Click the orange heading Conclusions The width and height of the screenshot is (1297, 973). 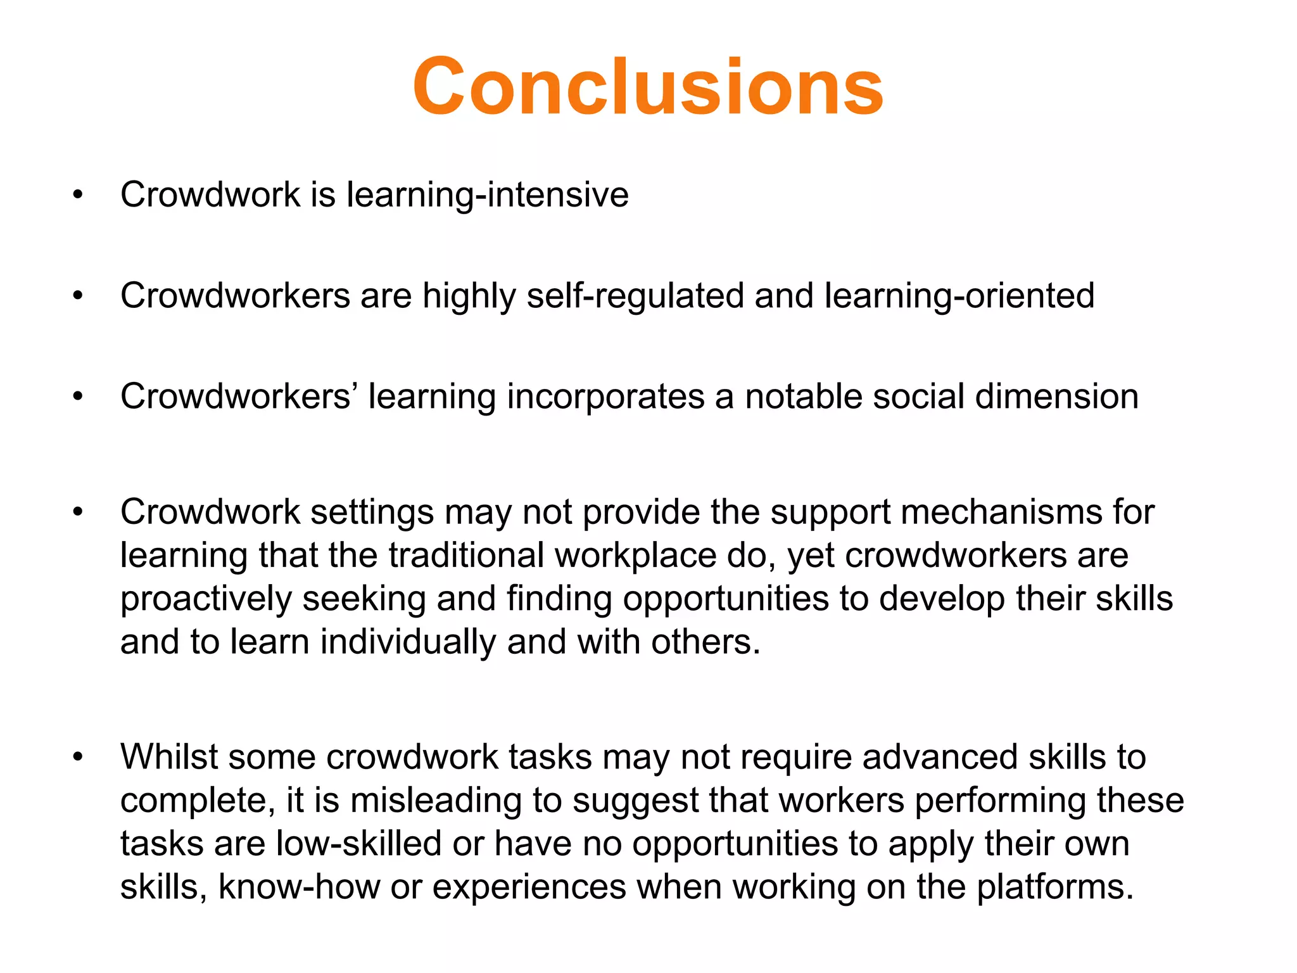(x=647, y=87)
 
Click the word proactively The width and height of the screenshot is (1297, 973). (x=206, y=599)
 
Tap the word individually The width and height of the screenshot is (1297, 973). (x=408, y=642)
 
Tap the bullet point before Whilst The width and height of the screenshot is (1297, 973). (x=78, y=757)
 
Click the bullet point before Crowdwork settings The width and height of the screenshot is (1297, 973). (x=78, y=512)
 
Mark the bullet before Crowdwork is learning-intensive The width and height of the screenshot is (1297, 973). (x=78, y=194)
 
